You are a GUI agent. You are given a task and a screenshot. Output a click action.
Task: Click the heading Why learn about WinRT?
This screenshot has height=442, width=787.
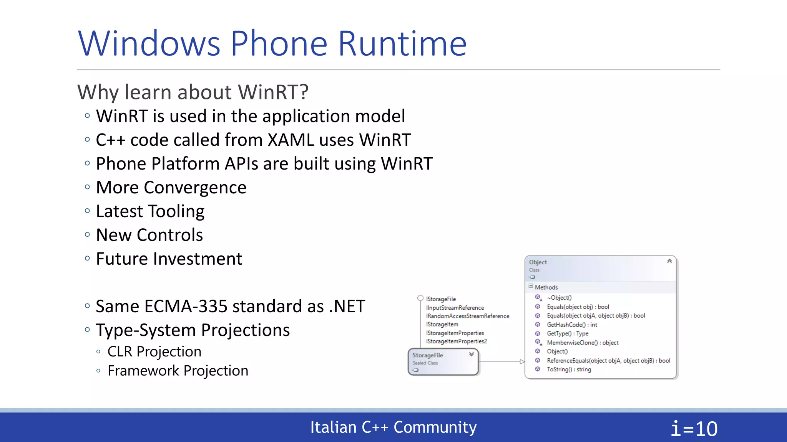(x=193, y=92)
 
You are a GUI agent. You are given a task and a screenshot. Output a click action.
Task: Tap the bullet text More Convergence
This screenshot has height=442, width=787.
(x=171, y=188)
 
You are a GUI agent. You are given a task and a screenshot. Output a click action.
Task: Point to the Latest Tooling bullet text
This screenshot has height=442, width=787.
(x=150, y=211)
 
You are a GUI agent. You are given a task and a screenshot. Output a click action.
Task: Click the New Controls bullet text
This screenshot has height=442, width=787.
(x=149, y=235)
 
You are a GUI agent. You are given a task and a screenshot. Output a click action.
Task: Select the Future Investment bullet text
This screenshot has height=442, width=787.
(x=169, y=259)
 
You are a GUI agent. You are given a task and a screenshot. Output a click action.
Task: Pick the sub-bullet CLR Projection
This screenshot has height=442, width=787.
(x=154, y=351)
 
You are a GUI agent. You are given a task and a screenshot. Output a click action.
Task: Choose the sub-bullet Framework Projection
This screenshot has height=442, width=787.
(x=178, y=371)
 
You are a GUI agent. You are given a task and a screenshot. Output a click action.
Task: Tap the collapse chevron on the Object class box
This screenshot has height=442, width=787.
(x=669, y=261)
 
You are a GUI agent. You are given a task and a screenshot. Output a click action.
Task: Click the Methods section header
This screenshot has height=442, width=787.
(x=546, y=287)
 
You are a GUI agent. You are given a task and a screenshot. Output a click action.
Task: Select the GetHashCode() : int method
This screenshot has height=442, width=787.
(x=572, y=325)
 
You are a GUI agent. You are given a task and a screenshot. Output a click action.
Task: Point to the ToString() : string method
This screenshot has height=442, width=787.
(x=569, y=369)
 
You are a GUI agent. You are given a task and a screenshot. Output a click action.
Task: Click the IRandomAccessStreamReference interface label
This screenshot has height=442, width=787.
(x=467, y=316)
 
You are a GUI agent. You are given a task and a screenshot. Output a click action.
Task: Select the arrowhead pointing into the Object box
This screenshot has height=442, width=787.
(x=522, y=361)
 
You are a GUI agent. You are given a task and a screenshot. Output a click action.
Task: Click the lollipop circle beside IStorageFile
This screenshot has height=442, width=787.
(x=420, y=298)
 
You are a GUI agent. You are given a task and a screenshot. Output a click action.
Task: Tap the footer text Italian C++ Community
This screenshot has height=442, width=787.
(x=393, y=427)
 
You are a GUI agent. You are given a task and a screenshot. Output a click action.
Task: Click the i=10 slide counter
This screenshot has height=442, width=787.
(x=694, y=429)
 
